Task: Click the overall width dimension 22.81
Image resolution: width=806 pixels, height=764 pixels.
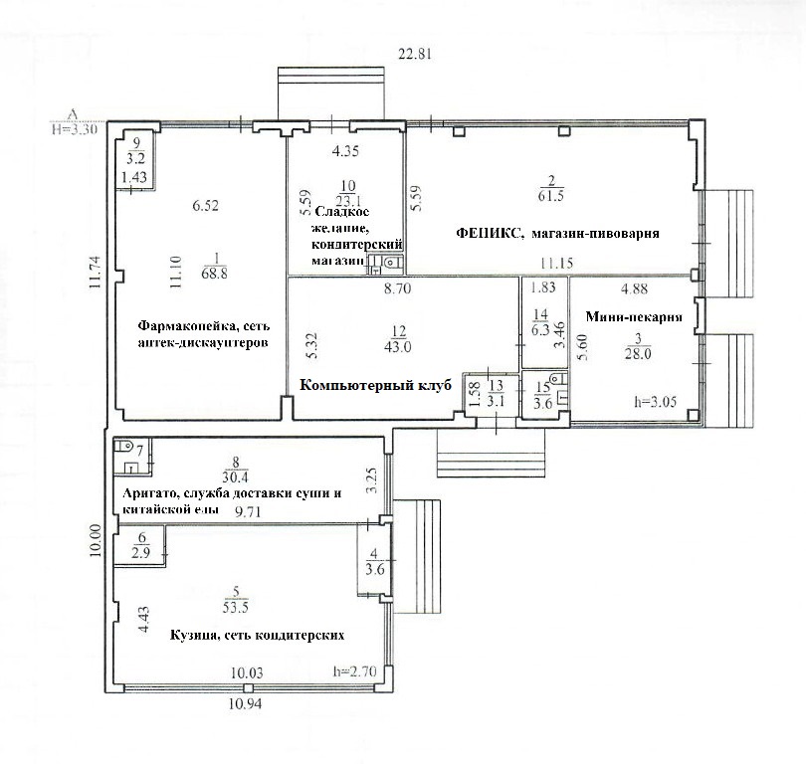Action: point(415,54)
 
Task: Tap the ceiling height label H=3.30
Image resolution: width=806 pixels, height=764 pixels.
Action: point(75,128)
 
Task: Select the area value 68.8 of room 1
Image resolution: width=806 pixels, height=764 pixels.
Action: point(214,274)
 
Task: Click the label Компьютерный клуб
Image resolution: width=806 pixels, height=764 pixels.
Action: point(375,385)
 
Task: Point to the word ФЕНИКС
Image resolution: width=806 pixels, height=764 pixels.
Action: point(490,233)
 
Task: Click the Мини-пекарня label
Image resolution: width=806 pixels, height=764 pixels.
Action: point(634,316)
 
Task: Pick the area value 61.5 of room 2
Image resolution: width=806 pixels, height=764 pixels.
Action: point(550,195)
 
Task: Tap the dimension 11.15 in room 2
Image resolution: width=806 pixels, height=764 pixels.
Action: point(556,263)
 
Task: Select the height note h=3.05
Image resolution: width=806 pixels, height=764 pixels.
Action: point(656,401)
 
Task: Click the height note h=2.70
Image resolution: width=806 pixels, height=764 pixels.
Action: point(354,671)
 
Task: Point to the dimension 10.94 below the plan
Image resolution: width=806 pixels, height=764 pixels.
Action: point(245,703)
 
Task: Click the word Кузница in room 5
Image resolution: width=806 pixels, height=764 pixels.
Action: point(192,635)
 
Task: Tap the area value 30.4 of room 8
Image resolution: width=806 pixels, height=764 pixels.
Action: point(236,477)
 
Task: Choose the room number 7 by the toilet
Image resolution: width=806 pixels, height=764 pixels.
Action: point(140,451)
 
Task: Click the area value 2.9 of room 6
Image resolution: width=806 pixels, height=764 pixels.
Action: point(141,552)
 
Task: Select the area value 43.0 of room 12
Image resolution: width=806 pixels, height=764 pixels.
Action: point(397,347)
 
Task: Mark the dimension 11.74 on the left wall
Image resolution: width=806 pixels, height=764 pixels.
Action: point(95,272)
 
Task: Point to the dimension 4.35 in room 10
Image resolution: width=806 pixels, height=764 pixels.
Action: point(345,151)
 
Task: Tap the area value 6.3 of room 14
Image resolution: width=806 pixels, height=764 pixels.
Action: point(540,329)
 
